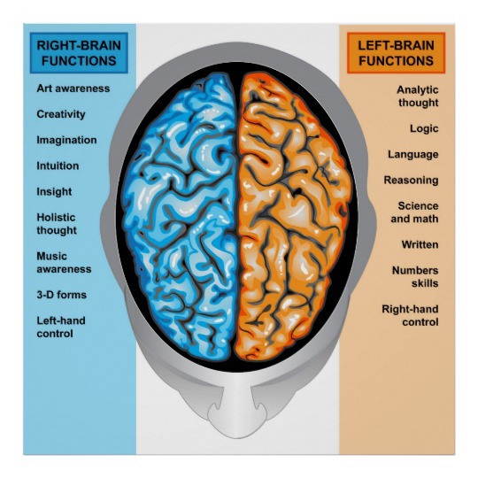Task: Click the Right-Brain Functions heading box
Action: [79, 53]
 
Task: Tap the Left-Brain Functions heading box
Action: [396, 53]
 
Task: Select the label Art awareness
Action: [73, 89]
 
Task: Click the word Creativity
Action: [61, 114]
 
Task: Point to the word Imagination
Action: [66, 140]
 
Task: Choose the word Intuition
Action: [58, 166]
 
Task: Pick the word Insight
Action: [54, 192]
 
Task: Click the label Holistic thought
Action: [57, 224]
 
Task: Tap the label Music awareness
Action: [64, 263]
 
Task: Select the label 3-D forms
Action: [62, 295]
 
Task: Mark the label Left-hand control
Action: [61, 328]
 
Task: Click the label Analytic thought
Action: [418, 96]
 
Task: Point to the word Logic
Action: [424, 128]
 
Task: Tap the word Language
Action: [413, 155]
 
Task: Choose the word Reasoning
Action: [412, 181]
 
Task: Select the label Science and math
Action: [414, 212]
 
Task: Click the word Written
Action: [420, 244]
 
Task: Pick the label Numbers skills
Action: [415, 277]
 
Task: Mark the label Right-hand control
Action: [411, 315]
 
